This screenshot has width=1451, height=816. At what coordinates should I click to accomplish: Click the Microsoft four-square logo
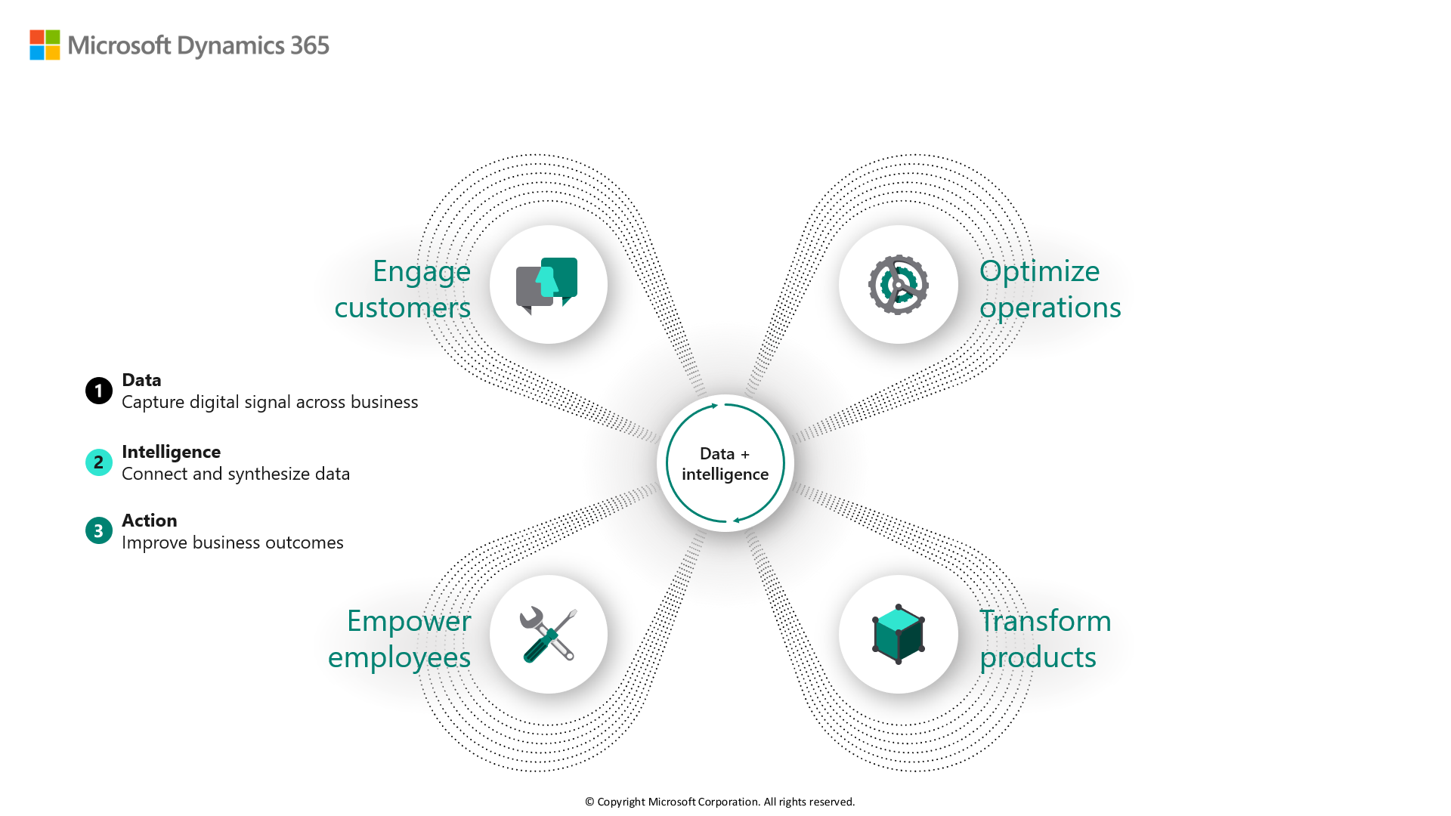45,45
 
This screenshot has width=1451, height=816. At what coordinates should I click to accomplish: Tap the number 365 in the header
310,45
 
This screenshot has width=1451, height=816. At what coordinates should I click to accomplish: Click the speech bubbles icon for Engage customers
546,286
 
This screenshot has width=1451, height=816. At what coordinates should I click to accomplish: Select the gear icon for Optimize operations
899,285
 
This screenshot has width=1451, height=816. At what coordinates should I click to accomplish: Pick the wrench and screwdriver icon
549,635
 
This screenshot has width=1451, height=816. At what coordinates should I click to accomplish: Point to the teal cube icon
899,634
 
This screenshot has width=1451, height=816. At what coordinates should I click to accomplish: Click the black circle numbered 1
99,391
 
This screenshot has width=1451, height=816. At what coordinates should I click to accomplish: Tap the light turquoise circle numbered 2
99,462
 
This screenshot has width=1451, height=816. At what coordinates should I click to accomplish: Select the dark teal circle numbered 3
99,530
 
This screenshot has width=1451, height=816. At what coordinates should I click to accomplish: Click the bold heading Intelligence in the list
172,452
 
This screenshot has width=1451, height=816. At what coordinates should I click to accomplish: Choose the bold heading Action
150,521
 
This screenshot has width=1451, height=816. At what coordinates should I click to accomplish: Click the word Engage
422,272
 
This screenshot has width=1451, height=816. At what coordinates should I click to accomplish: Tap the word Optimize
1040,272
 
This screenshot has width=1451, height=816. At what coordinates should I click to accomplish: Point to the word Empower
409,622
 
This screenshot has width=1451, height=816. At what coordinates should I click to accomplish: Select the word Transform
1046,621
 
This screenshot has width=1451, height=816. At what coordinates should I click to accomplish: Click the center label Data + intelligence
725,464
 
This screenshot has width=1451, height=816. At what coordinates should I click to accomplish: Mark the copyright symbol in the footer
589,802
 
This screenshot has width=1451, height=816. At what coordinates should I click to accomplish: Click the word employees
399,658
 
